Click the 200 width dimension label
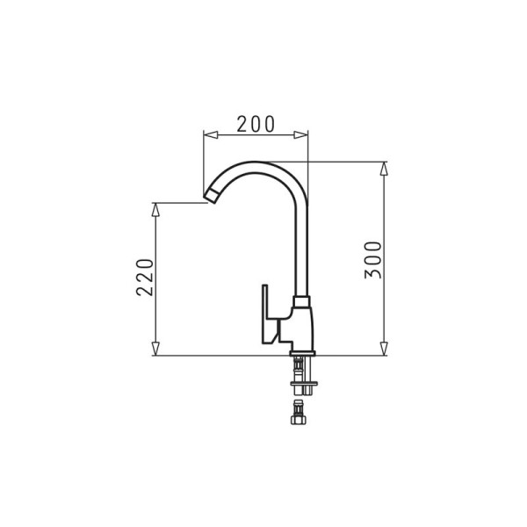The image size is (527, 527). (256, 124)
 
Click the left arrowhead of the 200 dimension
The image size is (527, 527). (207, 134)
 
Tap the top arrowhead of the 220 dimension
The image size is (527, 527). (156, 208)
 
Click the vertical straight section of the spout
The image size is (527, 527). (301, 246)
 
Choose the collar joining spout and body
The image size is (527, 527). (301, 300)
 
